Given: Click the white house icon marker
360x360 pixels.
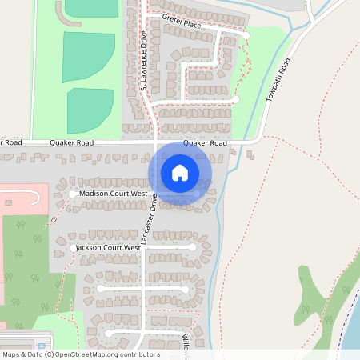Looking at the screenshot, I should coord(180,173).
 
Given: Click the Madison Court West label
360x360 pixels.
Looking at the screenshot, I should coord(113,194).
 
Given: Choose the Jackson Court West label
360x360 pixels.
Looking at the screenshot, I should coord(110,248).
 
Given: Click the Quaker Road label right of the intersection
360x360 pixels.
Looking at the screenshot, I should coord(205,144).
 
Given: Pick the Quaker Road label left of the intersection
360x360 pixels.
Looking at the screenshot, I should coord(72,143).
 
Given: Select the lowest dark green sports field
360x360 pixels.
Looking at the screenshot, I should coord(90,110).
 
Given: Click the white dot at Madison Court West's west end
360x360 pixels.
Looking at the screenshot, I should coord(73,194).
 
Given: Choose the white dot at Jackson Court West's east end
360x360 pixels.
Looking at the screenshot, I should coord(193,248).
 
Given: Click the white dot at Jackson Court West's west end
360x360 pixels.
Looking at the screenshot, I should coord(74,249).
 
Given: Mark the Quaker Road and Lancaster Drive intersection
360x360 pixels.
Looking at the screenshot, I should coord(154,144).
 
